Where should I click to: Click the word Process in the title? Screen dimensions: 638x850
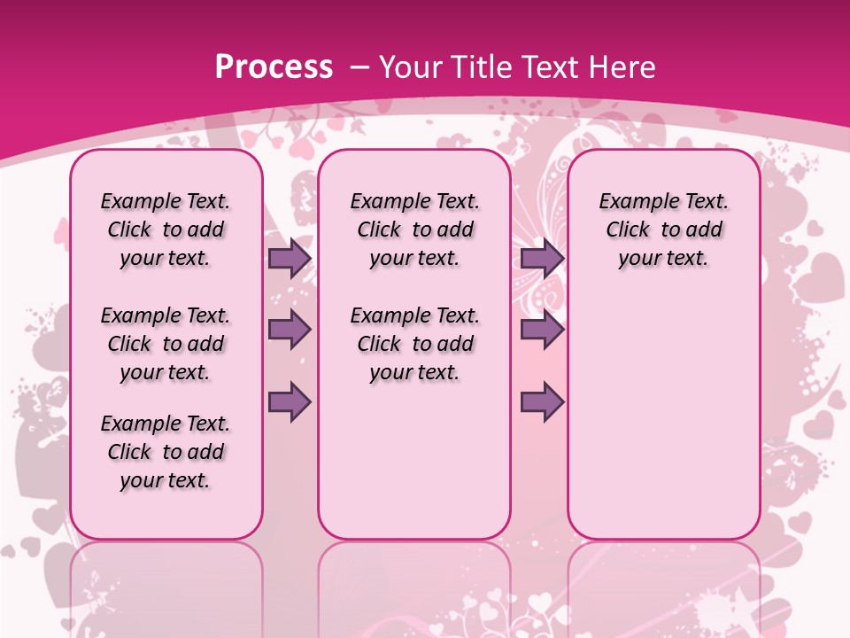click(x=274, y=66)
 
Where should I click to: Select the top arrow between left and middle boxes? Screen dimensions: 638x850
click(x=290, y=258)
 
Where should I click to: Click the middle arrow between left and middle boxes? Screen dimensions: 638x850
click(x=290, y=330)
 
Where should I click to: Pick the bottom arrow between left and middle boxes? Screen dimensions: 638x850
click(x=290, y=401)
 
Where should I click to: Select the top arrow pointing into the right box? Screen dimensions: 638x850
click(x=542, y=258)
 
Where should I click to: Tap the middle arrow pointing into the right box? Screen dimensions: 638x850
click(x=542, y=330)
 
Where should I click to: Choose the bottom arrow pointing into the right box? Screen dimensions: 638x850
click(x=542, y=401)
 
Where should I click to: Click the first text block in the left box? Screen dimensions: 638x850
click(x=166, y=230)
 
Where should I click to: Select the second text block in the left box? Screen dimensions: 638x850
click(x=166, y=344)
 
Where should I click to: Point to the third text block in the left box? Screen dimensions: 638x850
click(x=166, y=452)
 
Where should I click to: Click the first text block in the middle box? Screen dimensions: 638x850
click(x=414, y=230)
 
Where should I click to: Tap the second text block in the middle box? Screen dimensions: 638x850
click(x=414, y=344)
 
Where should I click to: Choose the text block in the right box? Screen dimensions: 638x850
click(x=663, y=230)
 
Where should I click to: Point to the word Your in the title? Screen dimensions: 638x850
click(x=410, y=66)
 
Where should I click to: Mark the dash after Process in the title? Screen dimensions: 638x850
click(x=359, y=68)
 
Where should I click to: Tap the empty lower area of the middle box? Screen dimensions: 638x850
click(x=414, y=461)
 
